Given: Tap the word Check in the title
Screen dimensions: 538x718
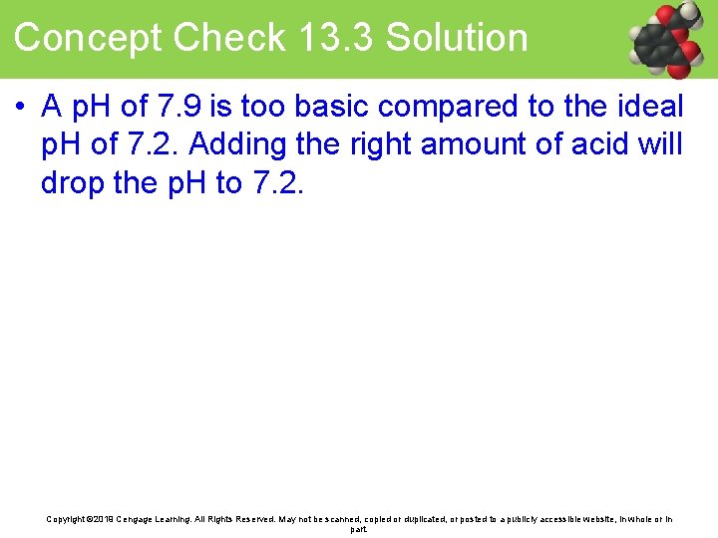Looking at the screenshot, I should [228, 39].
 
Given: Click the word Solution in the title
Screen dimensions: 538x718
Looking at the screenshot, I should [457, 39].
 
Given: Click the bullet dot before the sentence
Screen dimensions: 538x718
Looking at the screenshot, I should [20, 106].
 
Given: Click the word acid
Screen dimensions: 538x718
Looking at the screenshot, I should [604, 144].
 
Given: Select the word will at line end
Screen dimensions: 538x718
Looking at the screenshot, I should [663, 144].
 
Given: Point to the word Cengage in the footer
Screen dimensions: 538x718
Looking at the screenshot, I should [142, 519].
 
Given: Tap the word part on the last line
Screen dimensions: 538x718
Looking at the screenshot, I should [359, 529].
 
